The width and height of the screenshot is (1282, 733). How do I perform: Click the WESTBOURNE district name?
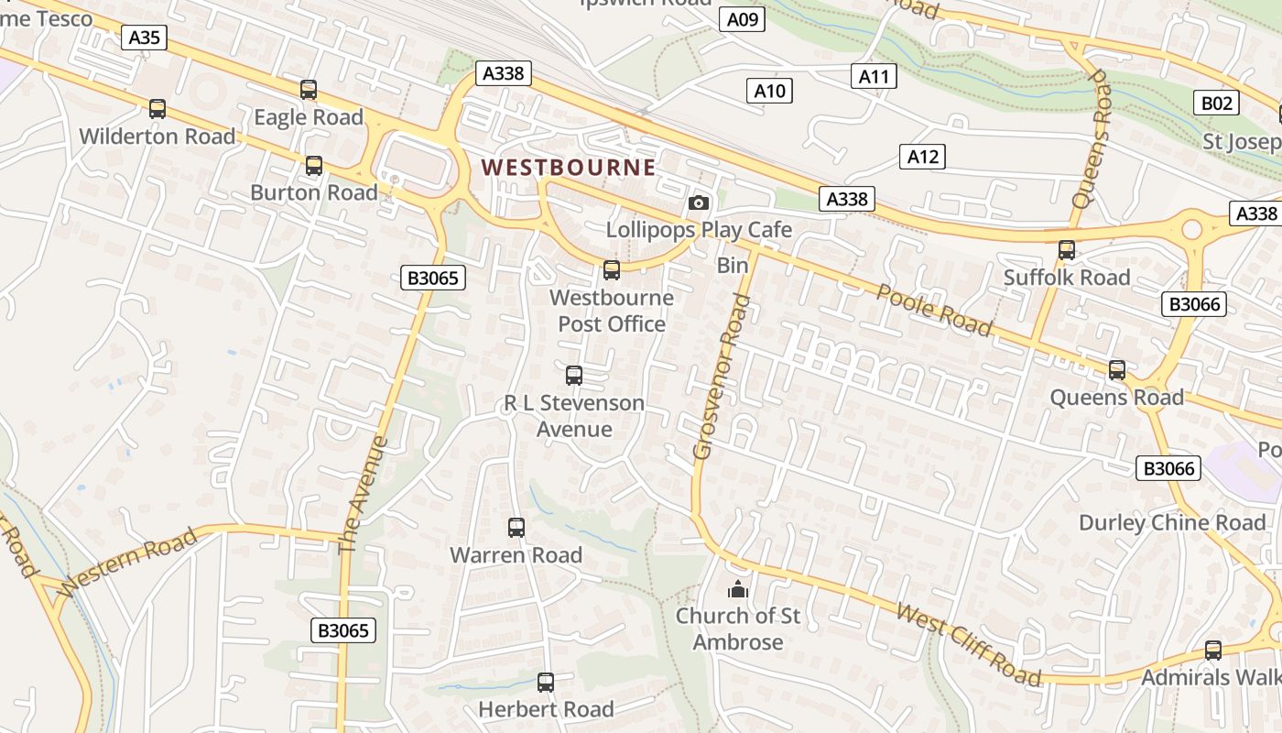(x=569, y=168)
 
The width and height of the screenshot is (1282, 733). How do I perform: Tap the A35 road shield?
(x=145, y=38)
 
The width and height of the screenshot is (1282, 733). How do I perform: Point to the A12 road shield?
(x=922, y=157)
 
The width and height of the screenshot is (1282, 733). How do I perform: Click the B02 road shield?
(x=1216, y=103)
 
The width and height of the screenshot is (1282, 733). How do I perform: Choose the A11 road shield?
(x=874, y=76)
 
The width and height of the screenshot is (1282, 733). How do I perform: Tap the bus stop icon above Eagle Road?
(x=309, y=90)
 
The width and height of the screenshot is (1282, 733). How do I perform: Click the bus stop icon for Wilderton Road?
(x=158, y=109)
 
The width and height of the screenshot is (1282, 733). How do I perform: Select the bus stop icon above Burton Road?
(x=314, y=166)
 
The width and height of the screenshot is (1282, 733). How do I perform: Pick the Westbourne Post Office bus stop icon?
(x=612, y=270)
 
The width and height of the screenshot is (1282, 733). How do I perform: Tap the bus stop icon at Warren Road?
(x=516, y=528)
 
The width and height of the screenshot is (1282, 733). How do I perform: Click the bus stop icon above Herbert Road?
(x=546, y=682)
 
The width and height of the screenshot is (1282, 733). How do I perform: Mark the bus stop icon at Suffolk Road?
(x=1067, y=250)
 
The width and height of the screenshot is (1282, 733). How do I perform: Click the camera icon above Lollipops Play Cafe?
(x=699, y=202)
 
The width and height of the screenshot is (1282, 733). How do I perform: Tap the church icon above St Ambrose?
(x=738, y=589)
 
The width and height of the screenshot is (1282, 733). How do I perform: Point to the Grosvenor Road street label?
(x=716, y=377)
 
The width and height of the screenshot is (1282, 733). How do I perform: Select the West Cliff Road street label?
(x=969, y=645)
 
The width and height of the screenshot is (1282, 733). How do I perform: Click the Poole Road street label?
(x=934, y=310)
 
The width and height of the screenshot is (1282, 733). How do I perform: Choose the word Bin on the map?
(x=733, y=266)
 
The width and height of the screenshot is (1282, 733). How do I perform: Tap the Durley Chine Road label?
(x=1172, y=523)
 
